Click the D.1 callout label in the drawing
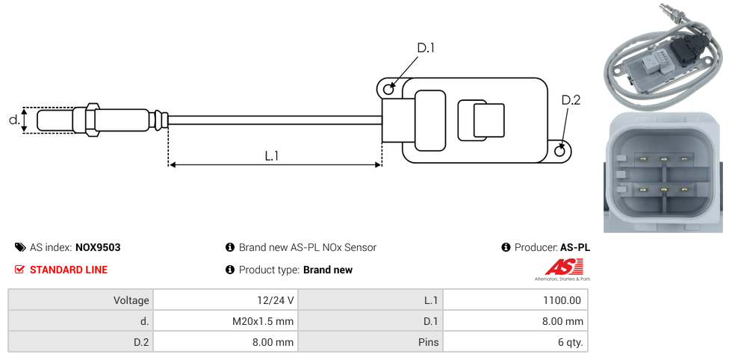[426, 49]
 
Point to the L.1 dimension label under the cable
[272, 156]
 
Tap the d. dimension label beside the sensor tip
[13, 120]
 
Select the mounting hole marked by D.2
[561, 152]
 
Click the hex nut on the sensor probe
[92, 120]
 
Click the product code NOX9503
[98, 247]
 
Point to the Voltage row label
[131, 300]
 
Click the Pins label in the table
[430, 343]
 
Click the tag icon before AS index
[20, 247]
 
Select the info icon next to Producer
[506, 247]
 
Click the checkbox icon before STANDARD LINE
[20, 270]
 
